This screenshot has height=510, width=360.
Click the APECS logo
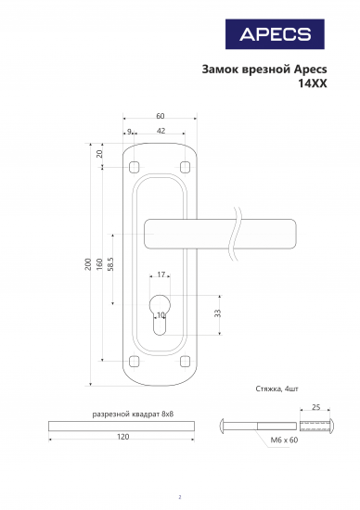tap(275, 34)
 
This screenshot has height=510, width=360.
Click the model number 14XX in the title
tap(313, 83)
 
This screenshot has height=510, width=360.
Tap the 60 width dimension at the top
tap(161, 116)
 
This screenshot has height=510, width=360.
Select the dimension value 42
tap(161, 131)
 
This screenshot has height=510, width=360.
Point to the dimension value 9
tap(129, 132)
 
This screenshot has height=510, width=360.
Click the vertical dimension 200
tap(88, 264)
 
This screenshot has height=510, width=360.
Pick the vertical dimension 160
tap(99, 264)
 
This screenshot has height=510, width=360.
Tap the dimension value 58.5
tap(110, 264)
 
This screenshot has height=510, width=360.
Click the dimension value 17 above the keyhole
tap(161, 274)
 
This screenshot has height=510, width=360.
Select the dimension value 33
tap(218, 313)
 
